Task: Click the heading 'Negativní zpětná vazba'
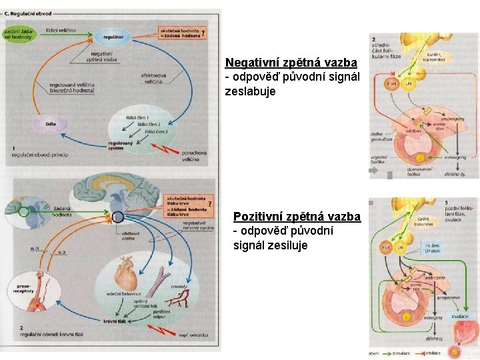pyautogui.click(x=291, y=63)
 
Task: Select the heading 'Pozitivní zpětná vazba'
pyautogui.click(x=297, y=217)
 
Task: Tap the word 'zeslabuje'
pyautogui.click(x=250, y=91)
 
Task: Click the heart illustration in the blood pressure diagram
pyautogui.click(x=125, y=273)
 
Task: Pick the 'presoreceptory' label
pyautogui.click(x=21, y=289)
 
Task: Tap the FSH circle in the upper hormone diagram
pyautogui.click(x=391, y=84)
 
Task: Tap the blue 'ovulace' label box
pyautogui.click(x=459, y=316)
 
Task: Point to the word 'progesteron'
pyautogui.click(x=449, y=298)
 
